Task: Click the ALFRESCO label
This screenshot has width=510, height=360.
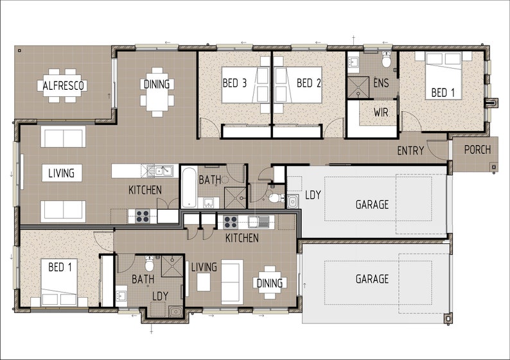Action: (64, 85)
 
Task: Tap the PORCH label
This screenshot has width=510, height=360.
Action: (477, 150)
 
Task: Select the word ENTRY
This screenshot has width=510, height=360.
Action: (411, 151)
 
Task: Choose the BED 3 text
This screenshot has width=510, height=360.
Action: (234, 83)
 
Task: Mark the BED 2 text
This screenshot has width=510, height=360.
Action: (309, 83)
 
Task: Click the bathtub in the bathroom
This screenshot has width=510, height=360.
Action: (189, 187)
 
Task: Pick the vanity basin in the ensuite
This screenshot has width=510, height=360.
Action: (354, 62)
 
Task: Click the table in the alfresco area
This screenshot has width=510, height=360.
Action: (64, 85)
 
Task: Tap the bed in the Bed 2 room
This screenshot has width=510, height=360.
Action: (298, 85)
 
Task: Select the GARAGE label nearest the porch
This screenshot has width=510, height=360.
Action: (373, 205)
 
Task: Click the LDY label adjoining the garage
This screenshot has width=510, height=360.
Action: (313, 194)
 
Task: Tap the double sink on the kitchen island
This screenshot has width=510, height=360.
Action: (159, 171)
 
